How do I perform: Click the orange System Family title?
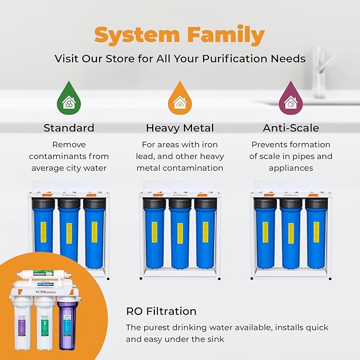point(179,35)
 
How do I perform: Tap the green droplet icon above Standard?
point(68,99)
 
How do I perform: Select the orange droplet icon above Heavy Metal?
point(179,99)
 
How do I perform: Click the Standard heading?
point(69,128)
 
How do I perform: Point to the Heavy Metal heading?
point(180,128)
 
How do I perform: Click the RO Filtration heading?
point(161,311)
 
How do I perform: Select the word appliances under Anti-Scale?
point(291,168)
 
